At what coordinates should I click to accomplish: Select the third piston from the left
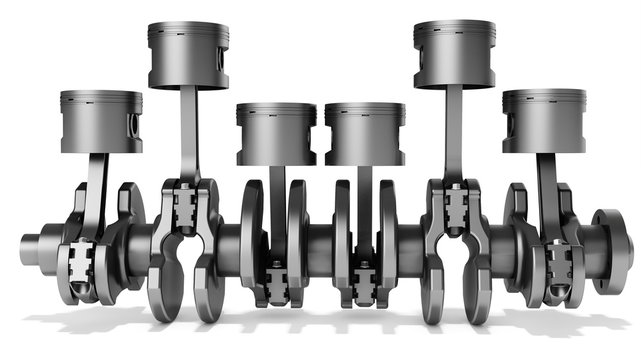click(276, 134)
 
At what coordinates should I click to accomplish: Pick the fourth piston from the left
click(364, 134)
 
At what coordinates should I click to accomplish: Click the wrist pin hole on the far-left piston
click(131, 125)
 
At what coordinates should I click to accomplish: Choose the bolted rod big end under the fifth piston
click(455, 205)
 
